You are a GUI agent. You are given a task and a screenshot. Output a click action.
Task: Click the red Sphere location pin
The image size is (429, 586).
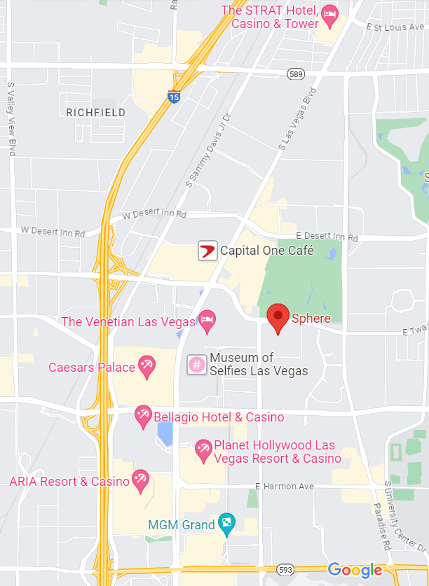pyautogui.click(x=278, y=318)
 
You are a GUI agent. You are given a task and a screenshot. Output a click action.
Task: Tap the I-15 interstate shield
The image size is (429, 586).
pyautogui.click(x=174, y=97)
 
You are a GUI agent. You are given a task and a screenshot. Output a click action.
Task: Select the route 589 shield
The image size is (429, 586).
pyautogui.click(x=295, y=73)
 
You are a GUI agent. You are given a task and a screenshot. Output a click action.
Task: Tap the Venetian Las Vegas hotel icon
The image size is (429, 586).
pyautogui.click(x=207, y=321)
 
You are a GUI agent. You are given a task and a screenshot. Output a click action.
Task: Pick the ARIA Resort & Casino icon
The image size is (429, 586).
pyautogui.click(x=140, y=480)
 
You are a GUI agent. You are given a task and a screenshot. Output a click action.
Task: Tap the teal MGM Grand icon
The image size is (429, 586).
pyautogui.click(x=227, y=522)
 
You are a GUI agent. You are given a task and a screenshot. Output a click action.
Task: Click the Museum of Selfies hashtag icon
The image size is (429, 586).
pyautogui.click(x=197, y=364)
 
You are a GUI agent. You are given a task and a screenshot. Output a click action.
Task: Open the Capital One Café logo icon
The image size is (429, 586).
pyautogui.click(x=207, y=250)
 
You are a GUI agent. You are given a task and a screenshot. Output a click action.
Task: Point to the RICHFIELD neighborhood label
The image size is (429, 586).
pyautogui.click(x=96, y=112)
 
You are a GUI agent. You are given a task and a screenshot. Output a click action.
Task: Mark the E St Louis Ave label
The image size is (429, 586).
pyautogui.click(x=397, y=27)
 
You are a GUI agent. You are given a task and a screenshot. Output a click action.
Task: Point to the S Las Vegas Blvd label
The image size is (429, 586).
pyautogui.click(x=298, y=119)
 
